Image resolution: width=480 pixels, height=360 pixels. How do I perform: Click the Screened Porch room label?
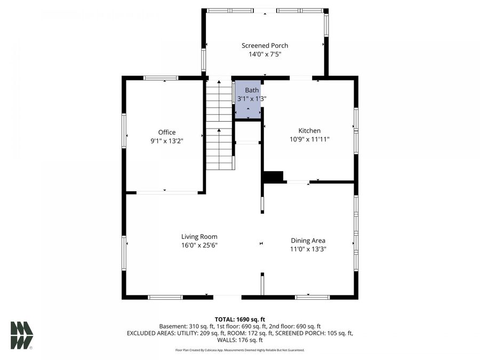click(265, 46)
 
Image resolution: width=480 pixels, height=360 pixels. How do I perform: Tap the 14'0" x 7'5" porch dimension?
click(265, 54)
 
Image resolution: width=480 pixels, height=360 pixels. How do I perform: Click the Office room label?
click(166, 132)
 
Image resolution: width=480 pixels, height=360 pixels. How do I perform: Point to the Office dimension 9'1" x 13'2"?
click(166, 141)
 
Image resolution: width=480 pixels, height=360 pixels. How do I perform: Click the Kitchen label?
click(309, 131)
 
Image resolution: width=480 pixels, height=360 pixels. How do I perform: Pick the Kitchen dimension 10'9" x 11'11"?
click(309, 139)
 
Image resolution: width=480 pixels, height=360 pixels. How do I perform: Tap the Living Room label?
click(199, 237)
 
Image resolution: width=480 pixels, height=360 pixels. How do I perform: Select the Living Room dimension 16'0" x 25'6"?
click(199, 245)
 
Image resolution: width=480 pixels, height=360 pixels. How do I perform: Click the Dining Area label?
click(308, 241)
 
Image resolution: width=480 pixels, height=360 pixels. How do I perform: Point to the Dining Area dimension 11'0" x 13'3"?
click(308, 249)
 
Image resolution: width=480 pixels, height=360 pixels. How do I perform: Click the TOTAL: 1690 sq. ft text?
click(239, 319)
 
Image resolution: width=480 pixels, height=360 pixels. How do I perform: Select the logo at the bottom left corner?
click(22, 335)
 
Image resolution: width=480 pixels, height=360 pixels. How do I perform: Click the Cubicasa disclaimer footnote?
click(239, 350)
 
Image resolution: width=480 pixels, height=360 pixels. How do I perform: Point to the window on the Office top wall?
click(161, 78)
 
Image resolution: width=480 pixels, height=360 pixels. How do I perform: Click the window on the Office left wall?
click(124, 131)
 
